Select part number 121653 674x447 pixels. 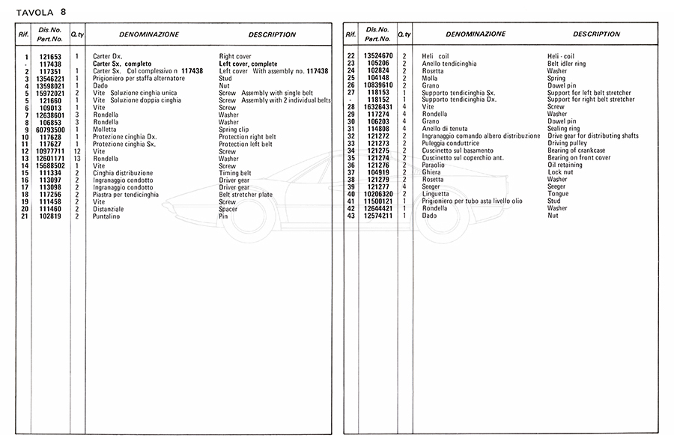click(50, 57)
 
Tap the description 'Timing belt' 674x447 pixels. click(238, 173)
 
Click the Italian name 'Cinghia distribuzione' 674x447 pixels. click(123, 173)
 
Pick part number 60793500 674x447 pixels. click(51, 130)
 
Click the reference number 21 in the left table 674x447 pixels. click(25, 216)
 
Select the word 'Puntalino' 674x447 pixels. click(107, 216)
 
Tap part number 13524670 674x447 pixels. click(378, 57)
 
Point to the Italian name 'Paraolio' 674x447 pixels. click(434, 165)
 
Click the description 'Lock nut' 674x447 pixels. click(561, 173)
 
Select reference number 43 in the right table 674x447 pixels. click(350, 216)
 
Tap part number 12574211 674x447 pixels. click(378, 216)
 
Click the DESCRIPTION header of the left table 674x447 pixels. click(272, 34)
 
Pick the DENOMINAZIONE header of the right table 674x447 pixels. click(476, 34)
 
